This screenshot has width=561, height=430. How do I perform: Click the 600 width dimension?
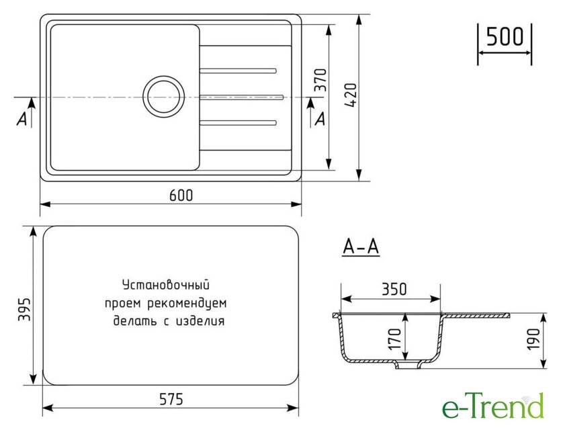[x=181, y=195]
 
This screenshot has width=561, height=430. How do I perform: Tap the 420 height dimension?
[x=351, y=95]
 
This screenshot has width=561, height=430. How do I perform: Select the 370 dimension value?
[x=320, y=80]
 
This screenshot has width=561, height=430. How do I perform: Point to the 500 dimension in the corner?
[x=505, y=36]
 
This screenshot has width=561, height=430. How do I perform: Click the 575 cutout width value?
[x=171, y=399]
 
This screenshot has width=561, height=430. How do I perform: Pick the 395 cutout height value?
[x=25, y=309]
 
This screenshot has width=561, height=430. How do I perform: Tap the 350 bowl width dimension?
[x=394, y=289]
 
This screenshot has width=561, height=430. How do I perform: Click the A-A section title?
[x=361, y=247]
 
